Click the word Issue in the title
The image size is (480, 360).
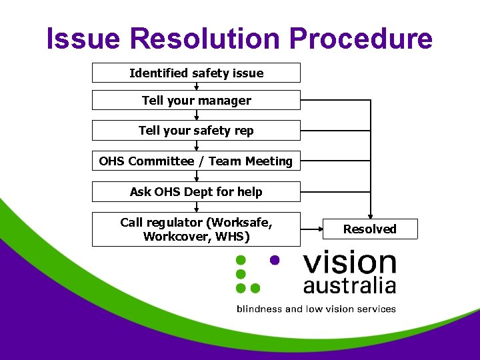tap(84, 39)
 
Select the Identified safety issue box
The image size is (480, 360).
tap(196, 73)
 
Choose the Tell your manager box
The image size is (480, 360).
tap(196, 101)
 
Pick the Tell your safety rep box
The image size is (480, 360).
tap(196, 131)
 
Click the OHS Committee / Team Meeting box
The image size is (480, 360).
tap(196, 161)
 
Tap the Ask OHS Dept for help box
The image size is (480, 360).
tap(196, 192)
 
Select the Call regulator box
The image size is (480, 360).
tap(196, 229)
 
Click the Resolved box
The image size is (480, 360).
tap(370, 229)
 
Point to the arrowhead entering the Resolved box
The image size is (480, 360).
tap(370, 215)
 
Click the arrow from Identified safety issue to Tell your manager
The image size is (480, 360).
tap(197, 87)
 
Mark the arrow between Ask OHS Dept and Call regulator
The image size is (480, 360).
tap(197, 207)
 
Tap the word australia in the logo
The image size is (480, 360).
tap(349, 286)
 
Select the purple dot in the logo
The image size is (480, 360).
tap(273, 259)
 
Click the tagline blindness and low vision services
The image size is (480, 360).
tap(316, 309)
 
